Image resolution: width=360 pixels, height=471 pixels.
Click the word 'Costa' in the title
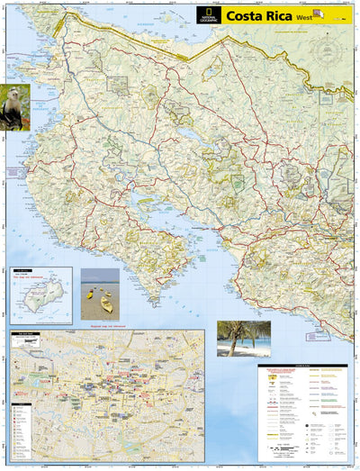point(245,14)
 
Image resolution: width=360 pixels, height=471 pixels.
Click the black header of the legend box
point(302,367)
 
